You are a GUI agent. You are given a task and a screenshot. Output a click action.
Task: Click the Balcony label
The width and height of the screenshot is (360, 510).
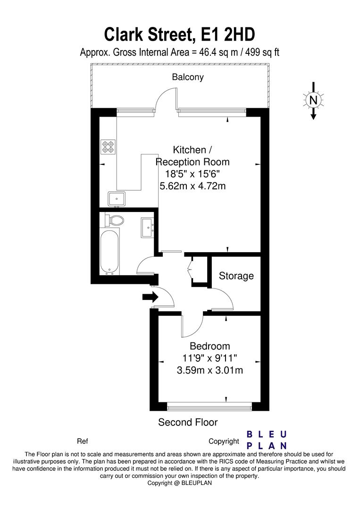click(188, 77)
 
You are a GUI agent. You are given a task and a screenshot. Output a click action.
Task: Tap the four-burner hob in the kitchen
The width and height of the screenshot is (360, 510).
click(108, 147)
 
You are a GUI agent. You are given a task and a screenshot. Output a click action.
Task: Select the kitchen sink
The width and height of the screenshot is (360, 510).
click(117, 199)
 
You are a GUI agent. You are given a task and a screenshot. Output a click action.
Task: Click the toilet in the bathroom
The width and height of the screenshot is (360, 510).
click(114, 220)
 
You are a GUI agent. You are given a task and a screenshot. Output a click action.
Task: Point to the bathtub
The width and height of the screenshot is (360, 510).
click(109, 252)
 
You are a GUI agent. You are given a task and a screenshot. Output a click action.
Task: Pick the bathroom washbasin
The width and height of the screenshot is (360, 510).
click(148, 227)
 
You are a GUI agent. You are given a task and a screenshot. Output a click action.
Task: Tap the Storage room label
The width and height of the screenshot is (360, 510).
click(236, 276)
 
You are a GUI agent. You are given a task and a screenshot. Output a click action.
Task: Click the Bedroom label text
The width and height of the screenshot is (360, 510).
click(210, 346)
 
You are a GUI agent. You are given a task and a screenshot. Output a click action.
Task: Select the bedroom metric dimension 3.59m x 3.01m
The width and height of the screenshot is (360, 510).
click(210, 370)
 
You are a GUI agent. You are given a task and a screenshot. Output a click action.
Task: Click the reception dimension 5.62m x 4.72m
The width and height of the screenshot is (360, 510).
click(193, 186)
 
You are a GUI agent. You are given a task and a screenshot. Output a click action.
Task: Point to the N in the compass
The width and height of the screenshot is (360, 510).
click(313, 100)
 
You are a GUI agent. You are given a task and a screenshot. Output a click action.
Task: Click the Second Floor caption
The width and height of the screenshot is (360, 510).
click(188, 422)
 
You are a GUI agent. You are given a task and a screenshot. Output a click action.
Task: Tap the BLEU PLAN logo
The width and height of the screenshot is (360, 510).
click(267, 440)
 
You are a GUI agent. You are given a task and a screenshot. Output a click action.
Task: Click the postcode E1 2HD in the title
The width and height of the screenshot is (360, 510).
click(228, 34)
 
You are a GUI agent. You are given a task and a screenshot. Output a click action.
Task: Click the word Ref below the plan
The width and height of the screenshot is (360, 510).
click(83, 442)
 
